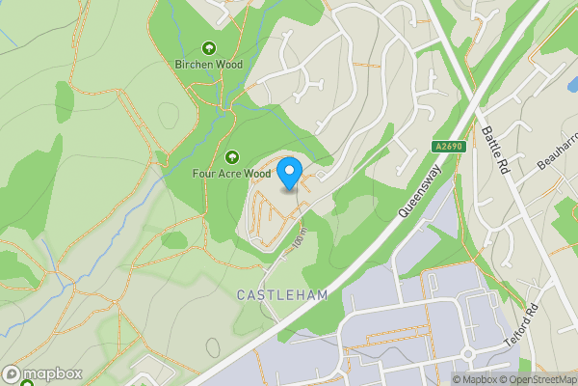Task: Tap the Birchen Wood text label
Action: (209, 65)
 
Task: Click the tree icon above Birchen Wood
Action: (209, 48)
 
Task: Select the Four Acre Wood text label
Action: (231, 174)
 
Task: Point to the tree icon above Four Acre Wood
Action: (231, 156)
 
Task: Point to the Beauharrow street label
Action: (556, 152)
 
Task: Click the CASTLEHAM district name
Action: (281, 294)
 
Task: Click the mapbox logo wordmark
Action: (46, 373)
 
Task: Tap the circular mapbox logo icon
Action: (12, 373)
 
